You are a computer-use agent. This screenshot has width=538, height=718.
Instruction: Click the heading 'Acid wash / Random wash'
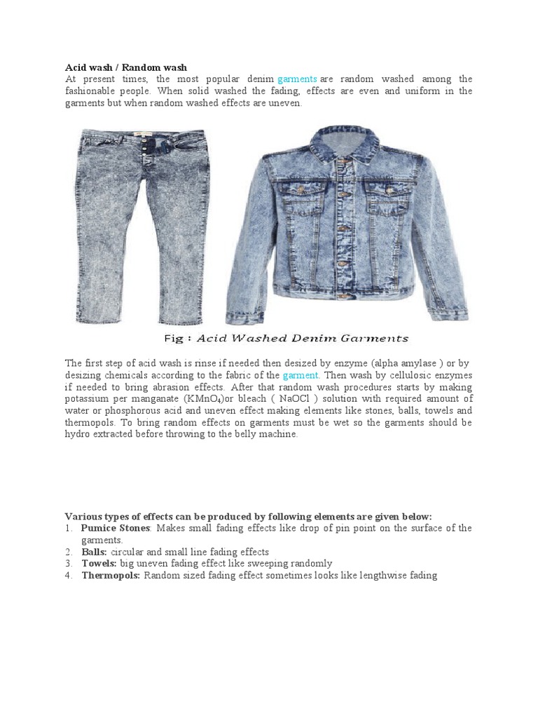[x=126, y=67]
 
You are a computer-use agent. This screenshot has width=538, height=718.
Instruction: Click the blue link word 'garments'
[x=298, y=79]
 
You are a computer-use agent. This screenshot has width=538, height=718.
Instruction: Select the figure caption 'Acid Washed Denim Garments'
[x=302, y=338]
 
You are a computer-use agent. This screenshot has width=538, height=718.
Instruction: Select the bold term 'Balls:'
[x=94, y=552]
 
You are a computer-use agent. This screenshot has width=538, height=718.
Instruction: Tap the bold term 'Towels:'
[x=99, y=564]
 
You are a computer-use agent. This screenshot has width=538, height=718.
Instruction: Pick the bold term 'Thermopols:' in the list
[x=111, y=576]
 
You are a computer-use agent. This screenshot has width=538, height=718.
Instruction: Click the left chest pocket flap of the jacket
[x=303, y=194]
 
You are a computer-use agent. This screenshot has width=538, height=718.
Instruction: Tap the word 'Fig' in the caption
[x=173, y=338]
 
